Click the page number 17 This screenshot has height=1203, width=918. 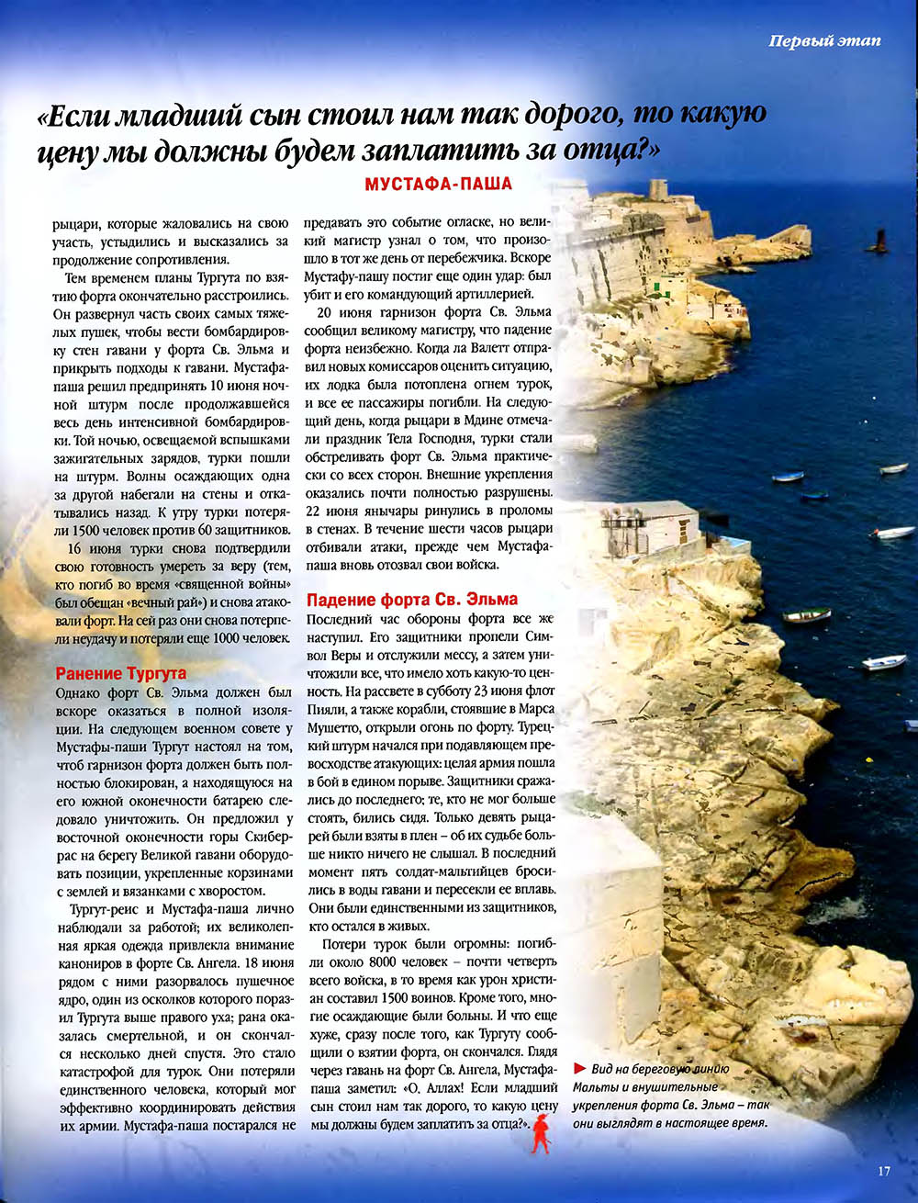884,1171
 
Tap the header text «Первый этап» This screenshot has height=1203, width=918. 824,40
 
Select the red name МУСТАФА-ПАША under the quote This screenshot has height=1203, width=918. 438,184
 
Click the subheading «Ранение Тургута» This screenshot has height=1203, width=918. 121,673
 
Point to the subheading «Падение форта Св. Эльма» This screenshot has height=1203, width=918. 412,600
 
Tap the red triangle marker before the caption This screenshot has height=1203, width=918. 578,1068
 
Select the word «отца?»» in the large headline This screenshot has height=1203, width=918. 607,150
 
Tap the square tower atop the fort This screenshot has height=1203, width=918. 657,192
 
